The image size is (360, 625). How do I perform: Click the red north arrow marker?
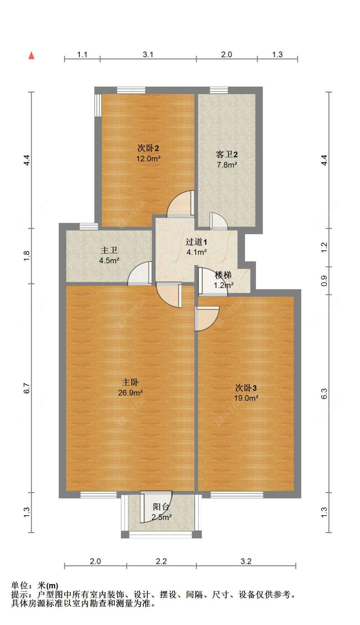pyautogui.click(x=31, y=55)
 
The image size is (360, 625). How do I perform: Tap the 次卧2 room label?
pyautogui.click(x=148, y=148)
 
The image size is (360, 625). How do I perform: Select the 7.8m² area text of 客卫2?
pyautogui.click(x=227, y=165)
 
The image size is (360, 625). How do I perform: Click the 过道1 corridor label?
pyautogui.click(x=196, y=242)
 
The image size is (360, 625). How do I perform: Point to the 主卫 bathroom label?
pyautogui.click(x=109, y=250)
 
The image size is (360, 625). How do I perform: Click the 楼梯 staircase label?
pyautogui.click(x=223, y=275)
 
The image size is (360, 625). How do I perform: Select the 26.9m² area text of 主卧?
pyautogui.click(x=130, y=393)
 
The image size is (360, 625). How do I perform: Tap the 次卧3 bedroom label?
pyautogui.click(x=246, y=388)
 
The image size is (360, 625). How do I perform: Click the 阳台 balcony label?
pyautogui.click(x=161, y=507)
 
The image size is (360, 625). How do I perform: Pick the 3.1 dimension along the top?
pyautogui.click(x=148, y=54)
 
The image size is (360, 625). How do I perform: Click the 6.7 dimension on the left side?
pyautogui.click(x=27, y=388)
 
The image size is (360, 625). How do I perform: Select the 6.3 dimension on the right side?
pyautogui.click(x=324, y=393)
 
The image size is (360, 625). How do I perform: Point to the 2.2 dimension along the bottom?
pyautogui.click(x=161, y=561)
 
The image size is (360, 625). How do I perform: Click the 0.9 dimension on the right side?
pyautogui.click(x=324, y=280)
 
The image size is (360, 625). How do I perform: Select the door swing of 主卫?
pyautogui.click(x=140, y=274)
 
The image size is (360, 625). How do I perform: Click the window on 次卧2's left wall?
pyautogui.click(x=98, y=105)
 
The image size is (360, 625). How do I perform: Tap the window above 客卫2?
pyautogui.click(x=219, y=90)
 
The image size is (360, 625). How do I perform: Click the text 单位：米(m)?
pyautogui.click(x=35, y=586)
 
